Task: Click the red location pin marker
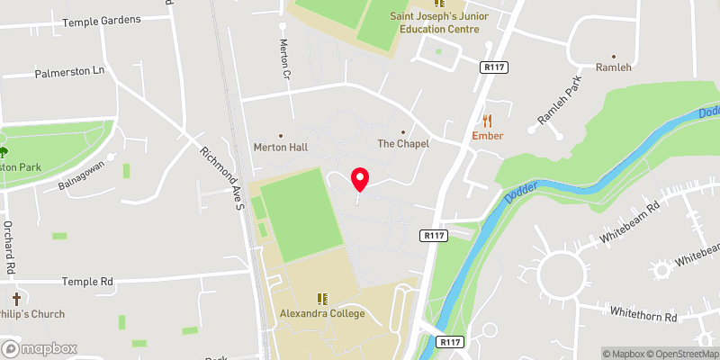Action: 360,179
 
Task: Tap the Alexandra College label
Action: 321,313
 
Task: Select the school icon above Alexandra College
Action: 321,298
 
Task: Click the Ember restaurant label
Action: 487,136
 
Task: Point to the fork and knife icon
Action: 488,120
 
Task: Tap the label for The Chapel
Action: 402,143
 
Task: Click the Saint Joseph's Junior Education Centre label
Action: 434,22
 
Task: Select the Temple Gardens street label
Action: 103,19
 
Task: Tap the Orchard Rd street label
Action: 8,247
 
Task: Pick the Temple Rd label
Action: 87,282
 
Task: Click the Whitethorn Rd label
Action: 643,316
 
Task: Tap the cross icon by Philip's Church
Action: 16,298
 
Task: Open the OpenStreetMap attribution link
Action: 677,354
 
